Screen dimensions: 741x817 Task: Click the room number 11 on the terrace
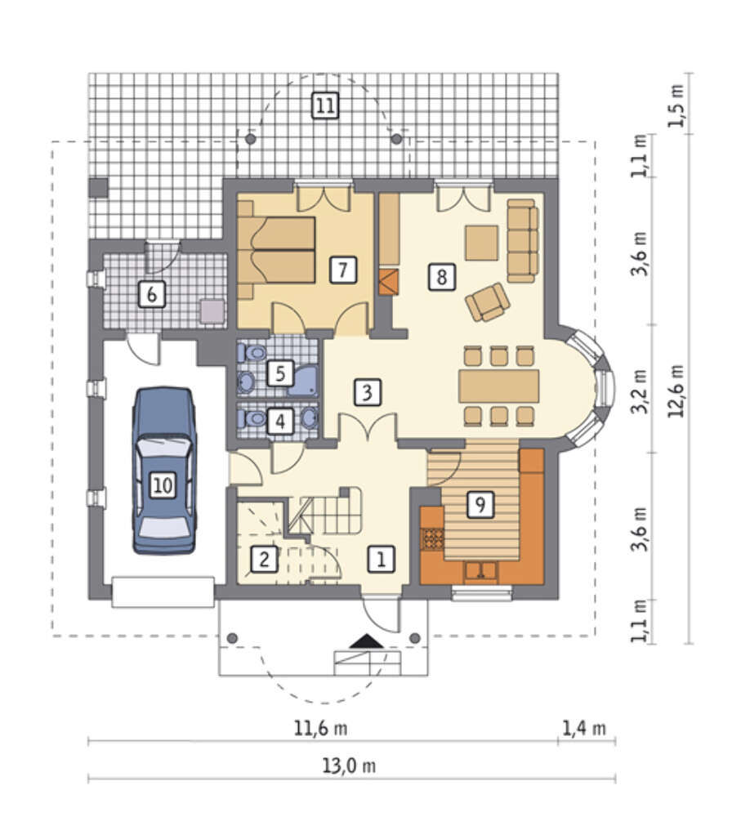pyautogui.click(x=324, y=105)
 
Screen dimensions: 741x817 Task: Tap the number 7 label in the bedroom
pyautogui.click(x=343, y=270)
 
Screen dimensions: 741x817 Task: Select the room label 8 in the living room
pyautogui.click(x=441, y=276)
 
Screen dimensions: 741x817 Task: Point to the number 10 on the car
pyautogui.click(x=163, y=485)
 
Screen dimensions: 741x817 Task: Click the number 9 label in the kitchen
pyautogui.click(x=480, y=504)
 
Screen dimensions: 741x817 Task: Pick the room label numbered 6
pyautogui.click(x=152, y=294)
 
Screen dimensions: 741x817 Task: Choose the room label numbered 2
pyautogui.click(x=264, y=559)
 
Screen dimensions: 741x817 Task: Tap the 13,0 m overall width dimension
pyautogui.click(x=349, y=766)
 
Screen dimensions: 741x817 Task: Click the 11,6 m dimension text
pyautogui.click(x=320, y=728)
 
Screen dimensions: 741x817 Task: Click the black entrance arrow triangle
pyautogui.click(x=366, y=641)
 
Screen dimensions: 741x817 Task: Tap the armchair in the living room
pyautogui.click(x=487, y=302)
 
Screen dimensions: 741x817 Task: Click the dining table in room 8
pyautogui.click(x=498, y=386)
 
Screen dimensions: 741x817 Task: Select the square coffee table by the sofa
pyautogui.click(x=481, y=243)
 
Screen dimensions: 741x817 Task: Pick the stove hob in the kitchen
pyautogui.click(x=432, y=540)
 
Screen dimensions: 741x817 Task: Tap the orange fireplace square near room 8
pyautogui.click(x=389, y=282)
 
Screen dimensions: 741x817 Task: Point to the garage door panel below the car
pyautogui.click(x=163, y=592)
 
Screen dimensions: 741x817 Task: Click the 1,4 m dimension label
pyautogui.click(x=585, y=728)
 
